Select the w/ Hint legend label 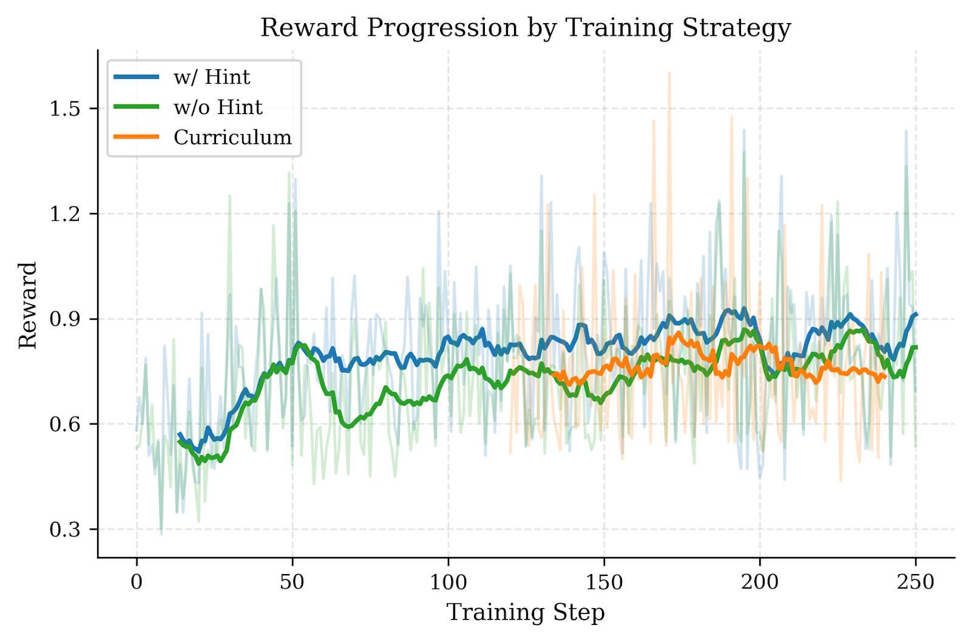[x=211, y=77]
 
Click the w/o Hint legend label [x=218, y=107]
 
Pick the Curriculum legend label [x=232, y=137]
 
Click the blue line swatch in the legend [x=137, y=77]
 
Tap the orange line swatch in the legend [x=137, y=137]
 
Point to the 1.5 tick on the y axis [x=64, y=109]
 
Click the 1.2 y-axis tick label [x=64, y=214]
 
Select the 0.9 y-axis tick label [x=64, y=319]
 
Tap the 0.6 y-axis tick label [x=64, y=424]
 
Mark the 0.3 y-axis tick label [x=64, y=529]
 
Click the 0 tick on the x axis [x=137, y=582]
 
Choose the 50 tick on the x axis [x=292, y=582]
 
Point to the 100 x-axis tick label [x=448, y=582]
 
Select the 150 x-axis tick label [x=604, y=582]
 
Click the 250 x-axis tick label [x=915, y=582]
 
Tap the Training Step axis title [x=526, y=612]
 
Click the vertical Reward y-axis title [x=28, y=305]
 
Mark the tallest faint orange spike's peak [x=669, y=73]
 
